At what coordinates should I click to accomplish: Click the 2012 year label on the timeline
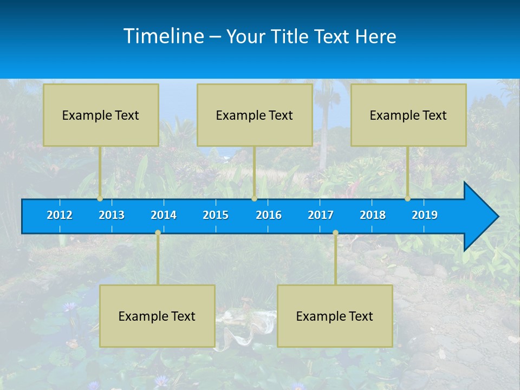(60, 215)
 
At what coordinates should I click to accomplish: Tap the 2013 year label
(112, 215)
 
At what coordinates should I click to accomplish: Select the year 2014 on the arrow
(164, 215)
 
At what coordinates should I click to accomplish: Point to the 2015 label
(216, 215)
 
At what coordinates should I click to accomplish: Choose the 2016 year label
(269, 215)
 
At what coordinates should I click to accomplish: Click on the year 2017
(321, 215)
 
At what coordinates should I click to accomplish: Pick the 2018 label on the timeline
(373, 215)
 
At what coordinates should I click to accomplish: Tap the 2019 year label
(425, 215)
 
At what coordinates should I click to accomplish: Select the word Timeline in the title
(164, 36)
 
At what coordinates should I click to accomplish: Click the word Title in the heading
(290, 37)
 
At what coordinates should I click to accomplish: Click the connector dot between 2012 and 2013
(100, 199)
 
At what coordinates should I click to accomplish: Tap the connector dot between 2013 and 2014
(158, 233)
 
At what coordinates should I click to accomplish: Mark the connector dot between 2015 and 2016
(254, 199)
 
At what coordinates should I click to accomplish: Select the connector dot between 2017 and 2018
(335, 233)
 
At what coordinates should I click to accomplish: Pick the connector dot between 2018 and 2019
(407, 199)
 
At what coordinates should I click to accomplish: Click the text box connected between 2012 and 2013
(101, 115)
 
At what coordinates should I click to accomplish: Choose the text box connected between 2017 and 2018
(335, 316)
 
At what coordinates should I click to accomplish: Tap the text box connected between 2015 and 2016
(255, 115)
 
